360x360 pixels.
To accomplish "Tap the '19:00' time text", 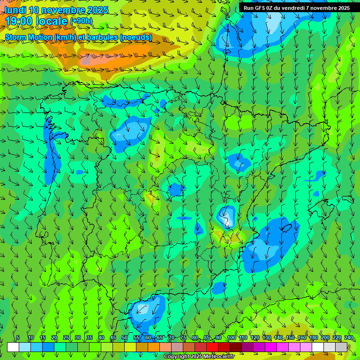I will (x=19, y=21).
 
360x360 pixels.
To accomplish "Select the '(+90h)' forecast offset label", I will (x=81, y=21).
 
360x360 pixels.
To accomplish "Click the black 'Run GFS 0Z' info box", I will (x=296, y=8).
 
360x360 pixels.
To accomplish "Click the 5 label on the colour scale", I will (x=18, y=338).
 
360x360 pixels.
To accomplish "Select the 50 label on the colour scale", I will (x=125, y=338).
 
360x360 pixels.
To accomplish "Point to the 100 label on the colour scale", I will (x=231, y=338).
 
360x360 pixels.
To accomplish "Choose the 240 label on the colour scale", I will (x=348, y=338).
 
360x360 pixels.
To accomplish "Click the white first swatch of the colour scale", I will (x=13, y=347).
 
